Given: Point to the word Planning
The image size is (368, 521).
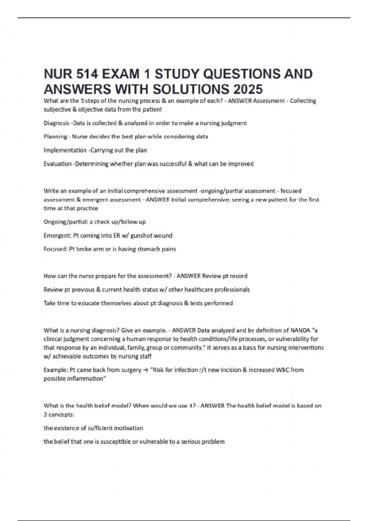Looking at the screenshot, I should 55,137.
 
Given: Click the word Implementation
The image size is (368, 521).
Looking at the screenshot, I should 65,150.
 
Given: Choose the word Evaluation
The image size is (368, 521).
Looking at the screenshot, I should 58,164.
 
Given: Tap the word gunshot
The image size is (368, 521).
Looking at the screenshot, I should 141,236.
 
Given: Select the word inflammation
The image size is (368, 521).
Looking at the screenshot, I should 86,378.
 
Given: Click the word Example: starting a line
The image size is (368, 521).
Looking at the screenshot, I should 56,370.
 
